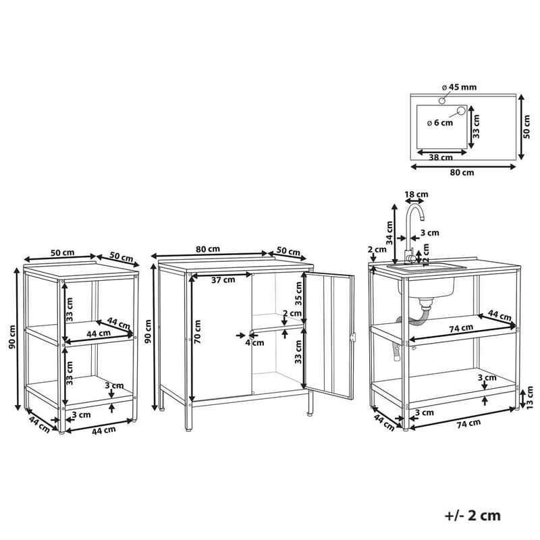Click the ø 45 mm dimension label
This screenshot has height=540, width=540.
[x=460, y=87]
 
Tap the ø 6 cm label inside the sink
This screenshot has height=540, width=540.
[x=440, y=123]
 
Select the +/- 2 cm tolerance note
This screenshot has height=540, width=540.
[x=473, y=516]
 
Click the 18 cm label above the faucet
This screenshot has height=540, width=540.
[x=416, y=194]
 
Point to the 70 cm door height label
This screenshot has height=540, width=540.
[x=197, y=332]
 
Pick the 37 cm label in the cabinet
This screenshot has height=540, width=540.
[x=223, y=280]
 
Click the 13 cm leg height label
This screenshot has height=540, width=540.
[x=530, y=398]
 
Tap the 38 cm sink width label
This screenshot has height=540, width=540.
[x=441, y=158]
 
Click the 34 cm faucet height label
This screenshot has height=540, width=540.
[x=389, y=233]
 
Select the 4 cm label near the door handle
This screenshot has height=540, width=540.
[x=254, y=343]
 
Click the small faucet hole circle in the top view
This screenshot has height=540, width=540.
[x=442, y=101]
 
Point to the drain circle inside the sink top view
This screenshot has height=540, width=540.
[x=460, y=111]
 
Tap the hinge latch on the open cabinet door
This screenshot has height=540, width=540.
[x=352, y=337]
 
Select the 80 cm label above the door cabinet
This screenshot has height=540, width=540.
[x=208, y=248]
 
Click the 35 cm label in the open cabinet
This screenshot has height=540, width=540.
[x=298, y=294]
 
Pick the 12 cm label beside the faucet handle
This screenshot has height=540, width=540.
[x=427, y=255]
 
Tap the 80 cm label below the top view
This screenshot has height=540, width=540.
[x=462, y=173]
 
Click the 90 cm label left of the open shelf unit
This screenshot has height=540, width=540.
[x=12, y=337]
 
